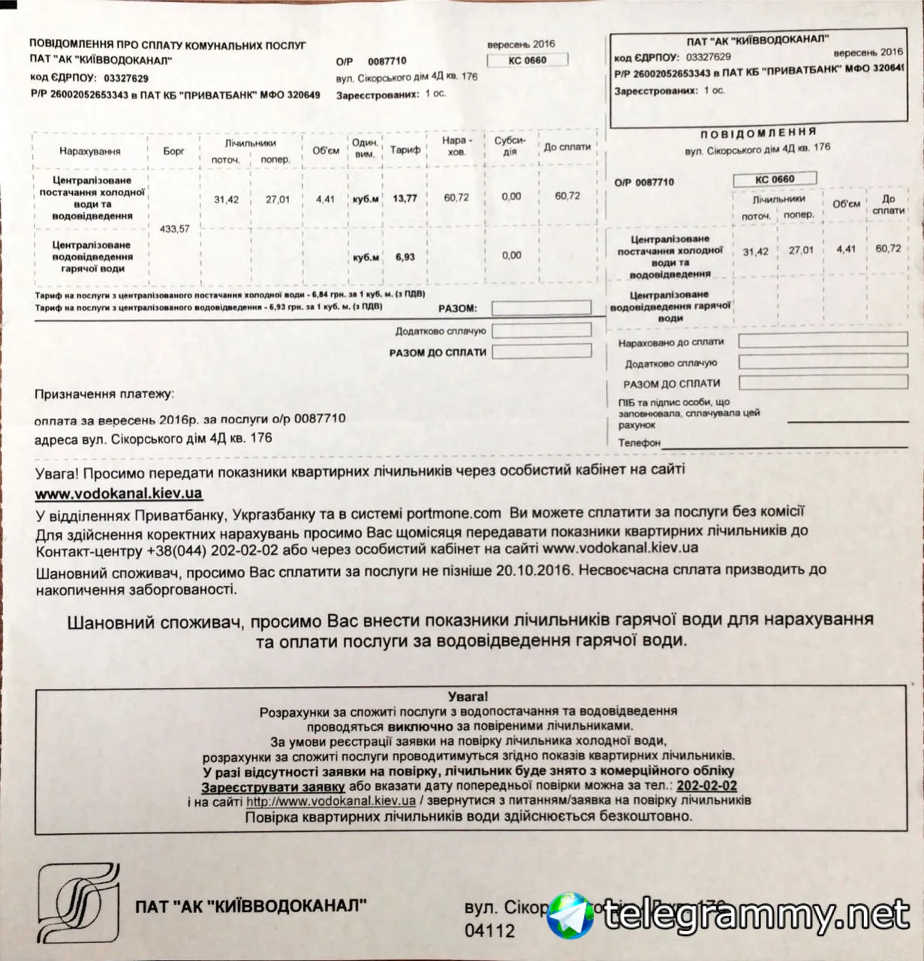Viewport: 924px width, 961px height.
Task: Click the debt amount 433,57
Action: (174, 229)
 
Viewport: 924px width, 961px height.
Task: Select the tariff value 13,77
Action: (405, 199)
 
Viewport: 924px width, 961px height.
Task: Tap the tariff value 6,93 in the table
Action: (405, 257)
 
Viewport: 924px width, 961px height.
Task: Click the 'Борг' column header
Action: (173, 151)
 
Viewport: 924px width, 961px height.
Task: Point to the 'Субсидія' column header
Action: (510, 146)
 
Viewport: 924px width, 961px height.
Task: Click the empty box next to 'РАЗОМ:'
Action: (541, 309)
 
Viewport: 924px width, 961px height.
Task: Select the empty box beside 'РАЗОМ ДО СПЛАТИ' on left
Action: (541, 352)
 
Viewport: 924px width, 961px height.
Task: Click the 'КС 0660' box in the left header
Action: (527, 60)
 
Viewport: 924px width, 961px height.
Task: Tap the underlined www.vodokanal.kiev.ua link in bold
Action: (119, 494)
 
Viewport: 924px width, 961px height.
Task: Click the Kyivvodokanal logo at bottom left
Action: (79, 902)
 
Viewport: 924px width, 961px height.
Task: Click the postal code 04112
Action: (489, 931)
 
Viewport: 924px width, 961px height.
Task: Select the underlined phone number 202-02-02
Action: (706, 786)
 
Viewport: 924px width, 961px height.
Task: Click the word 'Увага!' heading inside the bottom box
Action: (467, 697)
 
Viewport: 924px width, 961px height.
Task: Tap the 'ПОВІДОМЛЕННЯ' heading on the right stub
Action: (758, 134)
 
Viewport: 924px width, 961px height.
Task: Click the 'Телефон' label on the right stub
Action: (640, 443)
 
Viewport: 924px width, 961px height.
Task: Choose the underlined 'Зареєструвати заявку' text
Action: (272, 786)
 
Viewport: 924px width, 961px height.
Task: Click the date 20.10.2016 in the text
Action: (534, 571)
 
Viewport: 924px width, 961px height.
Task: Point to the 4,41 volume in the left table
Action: (326, 199)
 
